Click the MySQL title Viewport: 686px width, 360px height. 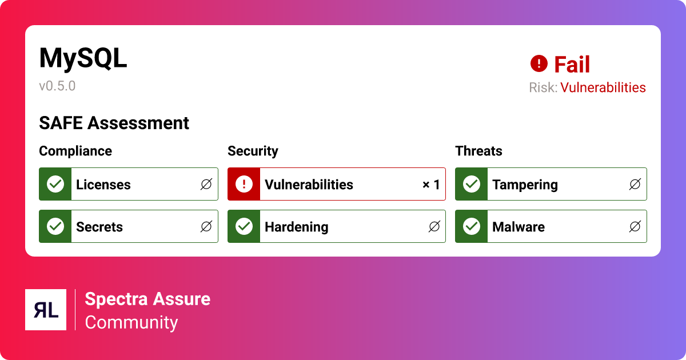click(x=83, y=58)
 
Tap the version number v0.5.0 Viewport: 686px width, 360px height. click(x=57, y=86)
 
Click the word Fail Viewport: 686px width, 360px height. click(x=572, y=65)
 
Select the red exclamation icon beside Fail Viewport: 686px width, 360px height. click(x=539, y=63)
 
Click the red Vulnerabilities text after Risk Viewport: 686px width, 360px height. click(x=603, y=87)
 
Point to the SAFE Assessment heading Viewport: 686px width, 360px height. click(x=114, y=123)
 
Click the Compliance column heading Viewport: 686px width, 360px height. click(x=75, y=151)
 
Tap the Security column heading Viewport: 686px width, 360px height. click(x=253, y=151)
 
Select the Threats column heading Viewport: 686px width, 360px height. click(x=478, y=151)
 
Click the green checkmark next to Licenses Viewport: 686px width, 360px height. click(x=55, y=184)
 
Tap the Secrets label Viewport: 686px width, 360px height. click(x=99, y=227)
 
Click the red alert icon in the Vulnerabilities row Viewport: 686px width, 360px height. click(x=244, y=184)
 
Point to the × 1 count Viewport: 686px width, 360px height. click(x=431, y=185)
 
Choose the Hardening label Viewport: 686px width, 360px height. click(x=296, y=227)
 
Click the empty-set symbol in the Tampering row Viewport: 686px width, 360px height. click(x=635, y=185)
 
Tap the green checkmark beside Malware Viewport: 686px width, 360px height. click(x=471, y=226)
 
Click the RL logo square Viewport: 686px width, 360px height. click(x=46, y=310)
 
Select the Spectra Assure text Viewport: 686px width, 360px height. click(x=147, y=299)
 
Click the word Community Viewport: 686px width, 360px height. click(x=131, y=322)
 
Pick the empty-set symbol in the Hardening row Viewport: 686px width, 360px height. click(x=434, y=227)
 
